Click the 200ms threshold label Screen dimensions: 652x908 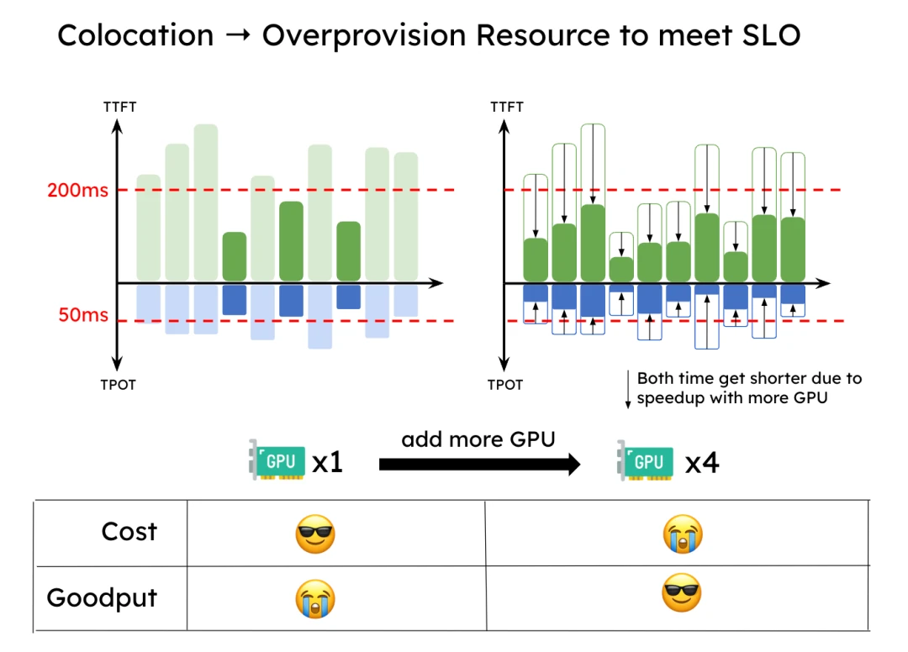(x=77, y=191)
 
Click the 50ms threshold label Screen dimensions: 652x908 (x=83, y=316)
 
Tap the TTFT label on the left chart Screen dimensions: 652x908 (x=119, y=108)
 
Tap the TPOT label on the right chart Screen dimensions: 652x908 (x=505, y=385)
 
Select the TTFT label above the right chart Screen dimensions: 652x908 (x=506, y=108)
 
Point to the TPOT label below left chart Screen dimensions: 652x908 (x=119, y=385)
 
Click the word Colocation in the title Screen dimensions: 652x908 (x=135, y=35)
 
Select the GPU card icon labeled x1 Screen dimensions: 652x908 (x=274, y=461)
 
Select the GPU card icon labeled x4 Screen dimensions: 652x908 (x=645, y=461)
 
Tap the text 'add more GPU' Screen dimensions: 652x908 (x=478, y=439)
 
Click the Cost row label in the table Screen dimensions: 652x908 (x=129, y=532)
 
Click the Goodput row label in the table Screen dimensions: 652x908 (x=102, y=598)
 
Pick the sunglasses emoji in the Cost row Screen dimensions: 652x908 (x=315, y=534)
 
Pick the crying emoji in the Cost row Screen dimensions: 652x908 (x=682, y=534)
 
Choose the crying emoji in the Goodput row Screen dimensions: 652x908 (x=315, y=599)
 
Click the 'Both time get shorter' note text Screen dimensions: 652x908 (x=748, y=388)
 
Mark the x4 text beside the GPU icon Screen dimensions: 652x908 (x=703, y=463)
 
